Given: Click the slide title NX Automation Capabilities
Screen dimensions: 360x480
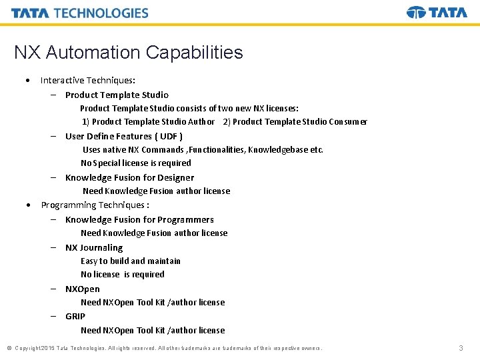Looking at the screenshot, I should [129, 53].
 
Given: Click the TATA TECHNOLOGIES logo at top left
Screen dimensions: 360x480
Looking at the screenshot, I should [80, 13].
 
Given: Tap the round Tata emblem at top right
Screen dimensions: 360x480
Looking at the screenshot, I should [416, 13].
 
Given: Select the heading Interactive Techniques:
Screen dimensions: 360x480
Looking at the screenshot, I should [87, 80].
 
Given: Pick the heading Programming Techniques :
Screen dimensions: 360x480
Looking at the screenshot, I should [95, 205].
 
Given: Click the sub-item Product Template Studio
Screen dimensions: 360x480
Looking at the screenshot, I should [117, 95].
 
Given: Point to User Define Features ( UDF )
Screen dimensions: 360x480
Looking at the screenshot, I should [124, 136].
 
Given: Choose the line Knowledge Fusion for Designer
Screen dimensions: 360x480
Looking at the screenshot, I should [129, 177].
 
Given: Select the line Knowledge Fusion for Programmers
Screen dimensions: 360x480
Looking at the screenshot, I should [139, 219].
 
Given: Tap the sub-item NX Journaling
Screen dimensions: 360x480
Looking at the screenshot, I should [94, 247].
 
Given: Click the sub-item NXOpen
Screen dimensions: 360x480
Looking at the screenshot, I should [83, 289].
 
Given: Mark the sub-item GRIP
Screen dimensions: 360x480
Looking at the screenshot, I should [75, 316].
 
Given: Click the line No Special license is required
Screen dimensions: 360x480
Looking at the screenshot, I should [136, 163].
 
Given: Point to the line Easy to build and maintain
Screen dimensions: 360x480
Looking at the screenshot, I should [131, 261].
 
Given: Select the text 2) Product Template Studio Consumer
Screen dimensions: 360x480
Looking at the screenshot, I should [295, 121].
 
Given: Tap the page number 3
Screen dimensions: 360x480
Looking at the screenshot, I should [461, 348].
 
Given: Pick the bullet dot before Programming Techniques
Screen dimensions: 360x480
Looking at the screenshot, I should [27, 205].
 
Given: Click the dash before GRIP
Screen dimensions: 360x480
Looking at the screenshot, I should [52, 316].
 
